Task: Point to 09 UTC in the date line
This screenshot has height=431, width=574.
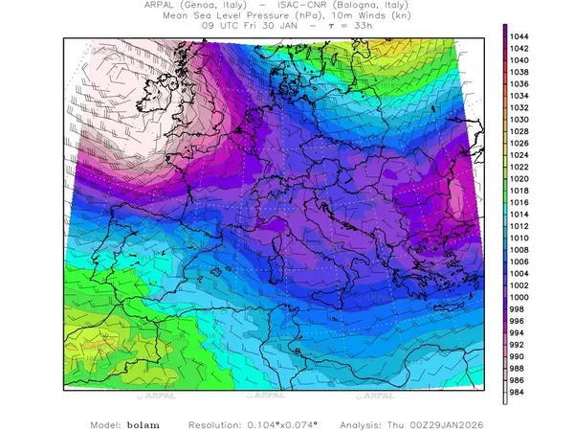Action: pos(219,27)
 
